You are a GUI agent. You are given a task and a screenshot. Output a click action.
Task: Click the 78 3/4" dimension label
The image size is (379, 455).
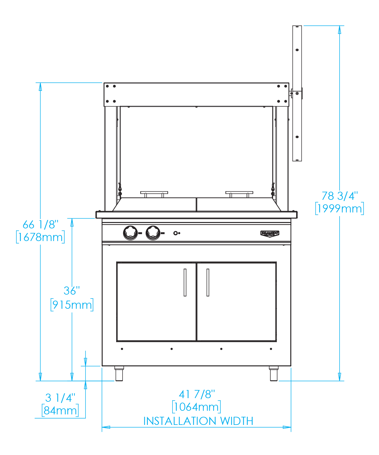coord(339,196)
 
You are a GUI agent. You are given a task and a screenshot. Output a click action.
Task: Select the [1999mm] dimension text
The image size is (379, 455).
coord(339,209)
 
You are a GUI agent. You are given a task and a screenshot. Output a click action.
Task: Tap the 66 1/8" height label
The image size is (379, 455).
coord(40,224)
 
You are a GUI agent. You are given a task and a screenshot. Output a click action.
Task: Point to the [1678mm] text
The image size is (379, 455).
coord(40,237)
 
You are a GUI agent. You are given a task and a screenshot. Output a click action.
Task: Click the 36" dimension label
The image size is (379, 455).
coord(72,291)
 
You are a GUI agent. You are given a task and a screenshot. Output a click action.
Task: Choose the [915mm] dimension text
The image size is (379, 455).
coord(72,305)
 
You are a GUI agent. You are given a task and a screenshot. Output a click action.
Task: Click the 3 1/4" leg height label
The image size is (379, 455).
coord(60,398)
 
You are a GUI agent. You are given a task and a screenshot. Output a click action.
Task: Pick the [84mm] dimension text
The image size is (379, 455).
coord(60,410)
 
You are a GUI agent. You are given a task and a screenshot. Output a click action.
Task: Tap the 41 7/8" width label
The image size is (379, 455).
coord(197,394)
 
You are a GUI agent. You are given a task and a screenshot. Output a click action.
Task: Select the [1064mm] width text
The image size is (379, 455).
coord(197,407)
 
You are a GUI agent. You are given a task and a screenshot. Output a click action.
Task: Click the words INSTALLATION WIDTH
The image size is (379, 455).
coord(198,421)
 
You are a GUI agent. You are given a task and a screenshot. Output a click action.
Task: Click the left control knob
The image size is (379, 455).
coord(130,233)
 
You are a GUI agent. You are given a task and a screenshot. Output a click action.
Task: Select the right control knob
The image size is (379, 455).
coord(153,233)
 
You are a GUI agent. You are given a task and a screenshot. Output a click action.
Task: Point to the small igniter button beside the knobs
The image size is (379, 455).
coord(176,233)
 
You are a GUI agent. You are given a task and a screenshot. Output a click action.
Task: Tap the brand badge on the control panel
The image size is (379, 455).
coord(270,234)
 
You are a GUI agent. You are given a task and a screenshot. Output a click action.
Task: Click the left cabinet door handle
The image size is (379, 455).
coord(185,282)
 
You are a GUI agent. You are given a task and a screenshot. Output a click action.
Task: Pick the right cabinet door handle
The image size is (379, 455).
coord(208,282)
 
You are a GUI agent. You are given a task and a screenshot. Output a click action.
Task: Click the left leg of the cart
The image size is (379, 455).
coord(119,373)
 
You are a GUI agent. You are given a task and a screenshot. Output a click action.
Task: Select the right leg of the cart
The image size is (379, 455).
coord(274,373)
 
